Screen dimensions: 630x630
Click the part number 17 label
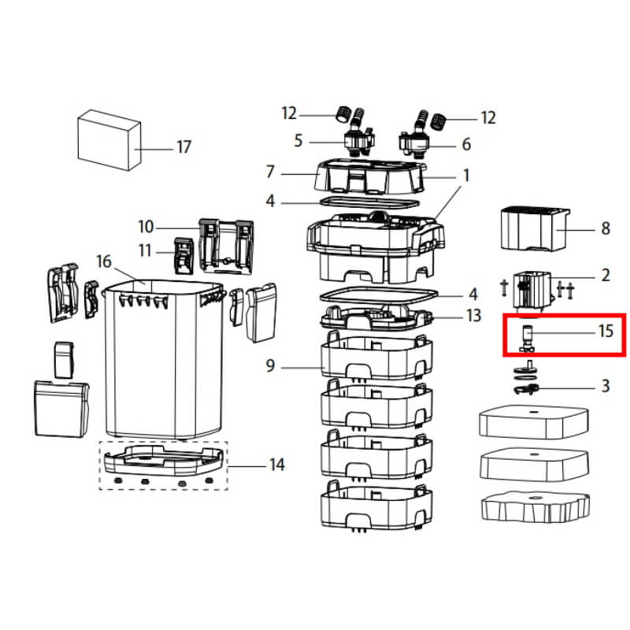[183, 147]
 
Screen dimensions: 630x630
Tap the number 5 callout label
[298, 142]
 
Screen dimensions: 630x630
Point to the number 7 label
[270, 171]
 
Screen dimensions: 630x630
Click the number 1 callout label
[465, 175]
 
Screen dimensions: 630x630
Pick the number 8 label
[605, 228]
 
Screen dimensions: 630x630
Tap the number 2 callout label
[605, 275]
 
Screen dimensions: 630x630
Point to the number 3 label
[605, 386]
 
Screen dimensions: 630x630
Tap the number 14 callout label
[276, 465]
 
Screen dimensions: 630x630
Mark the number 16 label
[105, 261]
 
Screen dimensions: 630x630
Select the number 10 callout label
[146, 227]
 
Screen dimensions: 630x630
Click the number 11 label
[146, 251]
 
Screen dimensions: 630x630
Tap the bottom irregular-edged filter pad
[534, 508]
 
